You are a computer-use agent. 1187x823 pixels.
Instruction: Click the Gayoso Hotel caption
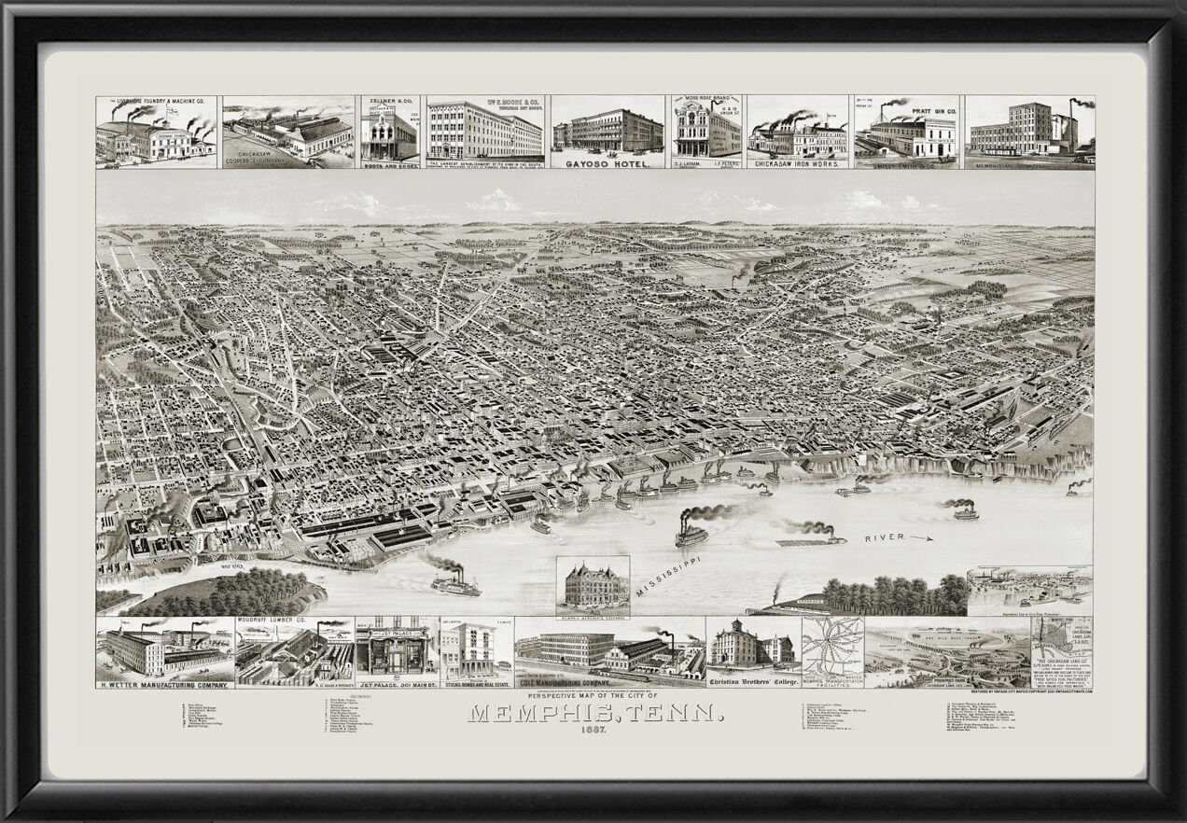[607, 162]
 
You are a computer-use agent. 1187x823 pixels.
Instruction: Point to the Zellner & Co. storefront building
[389, 137]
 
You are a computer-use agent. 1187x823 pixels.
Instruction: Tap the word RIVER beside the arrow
[884, 538]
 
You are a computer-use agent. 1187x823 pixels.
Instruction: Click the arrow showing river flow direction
[921, 538]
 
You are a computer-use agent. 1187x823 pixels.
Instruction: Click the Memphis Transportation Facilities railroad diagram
[832, 646]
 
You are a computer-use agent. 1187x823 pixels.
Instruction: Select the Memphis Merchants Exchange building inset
[593, 585]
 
